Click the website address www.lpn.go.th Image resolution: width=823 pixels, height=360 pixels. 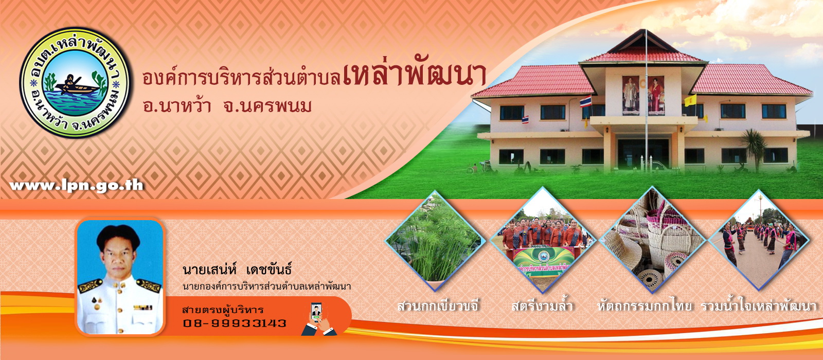tap(77, 186)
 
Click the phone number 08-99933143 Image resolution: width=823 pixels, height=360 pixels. tap(235, 323)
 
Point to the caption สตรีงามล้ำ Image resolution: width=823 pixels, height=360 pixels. tap(542, 305)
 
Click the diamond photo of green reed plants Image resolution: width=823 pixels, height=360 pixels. tap(435, 241)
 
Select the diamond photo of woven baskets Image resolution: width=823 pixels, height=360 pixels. tap(652, 241)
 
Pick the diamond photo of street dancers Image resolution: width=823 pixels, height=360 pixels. tap(758, 241)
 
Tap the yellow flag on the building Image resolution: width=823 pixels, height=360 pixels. tap(690, 100)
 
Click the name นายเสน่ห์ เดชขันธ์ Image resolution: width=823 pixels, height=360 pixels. tap(237, 269)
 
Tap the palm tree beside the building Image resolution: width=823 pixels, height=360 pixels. tap(754, 149)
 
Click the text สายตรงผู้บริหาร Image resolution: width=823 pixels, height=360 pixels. tap(223, 310)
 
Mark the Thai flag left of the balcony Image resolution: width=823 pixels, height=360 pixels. tap(586, 101)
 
